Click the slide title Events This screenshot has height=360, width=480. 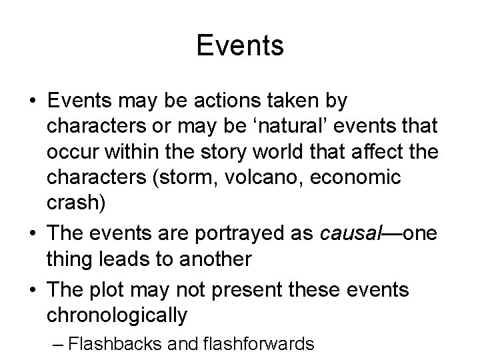click(x=240, y=46)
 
